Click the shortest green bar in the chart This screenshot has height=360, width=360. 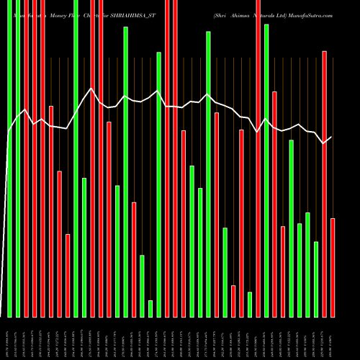pyautogui.click(x=150, y=308)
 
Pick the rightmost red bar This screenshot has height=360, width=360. pyautogui.click(x=333, y=267)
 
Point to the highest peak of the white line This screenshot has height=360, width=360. pyautogui.click(x=91, y=89)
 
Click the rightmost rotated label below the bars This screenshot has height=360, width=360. pyautogui.click(x=333, y=336)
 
